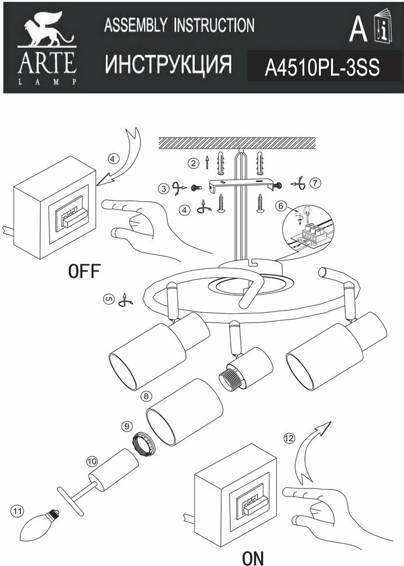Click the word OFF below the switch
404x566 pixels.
point(85,271)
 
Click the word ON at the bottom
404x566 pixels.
point(253,558)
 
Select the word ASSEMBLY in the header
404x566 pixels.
point(135,25)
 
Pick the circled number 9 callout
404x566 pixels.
point(127,427)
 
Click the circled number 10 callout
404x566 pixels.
point(91,461)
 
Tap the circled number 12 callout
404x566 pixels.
point(287,438)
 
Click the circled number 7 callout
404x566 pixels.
point(315,183)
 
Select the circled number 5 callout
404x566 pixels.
point(108,299)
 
